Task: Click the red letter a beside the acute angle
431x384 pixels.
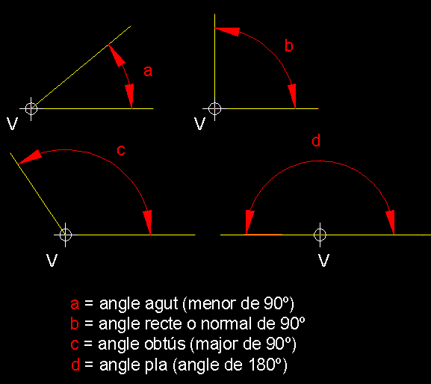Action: (148, 71)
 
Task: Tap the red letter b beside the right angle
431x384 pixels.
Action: (289, 46)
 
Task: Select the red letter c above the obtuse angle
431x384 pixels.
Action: (121, 150)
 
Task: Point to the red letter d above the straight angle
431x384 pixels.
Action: (316, 140)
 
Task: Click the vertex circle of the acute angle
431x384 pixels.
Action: (31, 108)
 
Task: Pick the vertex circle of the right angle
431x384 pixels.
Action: (214, 108)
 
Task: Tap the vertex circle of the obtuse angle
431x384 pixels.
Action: (66, 235)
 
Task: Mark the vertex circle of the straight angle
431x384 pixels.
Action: (320, 235)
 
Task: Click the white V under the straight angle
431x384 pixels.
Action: (323, 260)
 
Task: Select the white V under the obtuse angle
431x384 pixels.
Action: (52, 260)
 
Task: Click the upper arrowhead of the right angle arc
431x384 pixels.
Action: (227, 31)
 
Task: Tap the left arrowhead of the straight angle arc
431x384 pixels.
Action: (249, 222)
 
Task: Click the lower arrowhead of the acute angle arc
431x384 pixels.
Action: (129, 96)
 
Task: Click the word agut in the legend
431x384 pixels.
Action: (161, 304)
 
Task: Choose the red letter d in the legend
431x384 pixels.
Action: (75, 365)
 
